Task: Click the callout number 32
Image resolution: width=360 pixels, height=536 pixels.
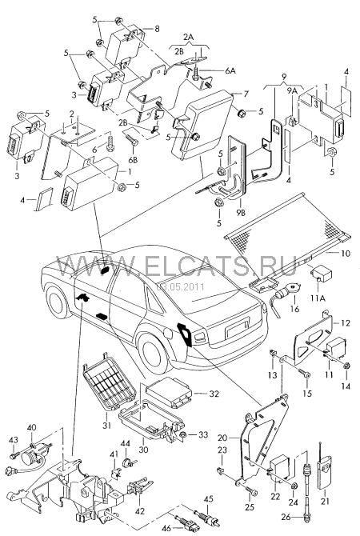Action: [x=214, y=394]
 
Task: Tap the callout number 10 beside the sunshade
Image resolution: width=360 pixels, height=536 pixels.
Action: [x=346, y=254]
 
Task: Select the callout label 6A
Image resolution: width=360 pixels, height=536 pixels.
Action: [x=230, y=71]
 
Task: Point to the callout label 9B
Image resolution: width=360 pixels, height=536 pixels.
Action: [x=240, y=213]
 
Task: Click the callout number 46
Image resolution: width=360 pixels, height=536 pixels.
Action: [x=166, y=528]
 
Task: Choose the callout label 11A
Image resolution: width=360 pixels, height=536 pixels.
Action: [x=318, y=298]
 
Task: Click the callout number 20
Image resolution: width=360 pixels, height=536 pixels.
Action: [x=222, y=438]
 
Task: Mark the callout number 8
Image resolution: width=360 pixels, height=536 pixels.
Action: [x=157, y=29]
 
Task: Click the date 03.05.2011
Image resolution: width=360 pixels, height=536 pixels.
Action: [x=180, y=286]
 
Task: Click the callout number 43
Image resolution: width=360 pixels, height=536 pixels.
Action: [x=13, y=440]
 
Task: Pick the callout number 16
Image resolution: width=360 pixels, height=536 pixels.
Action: [x=294, y=309]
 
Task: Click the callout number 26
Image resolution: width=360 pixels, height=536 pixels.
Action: [x=286, y=517]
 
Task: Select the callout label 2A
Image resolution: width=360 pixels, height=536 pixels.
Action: [x=188, y=37]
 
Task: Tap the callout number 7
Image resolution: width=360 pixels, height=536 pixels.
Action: [x=246, y=94]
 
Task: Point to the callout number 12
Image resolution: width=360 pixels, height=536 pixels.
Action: [x=346, y=323]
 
